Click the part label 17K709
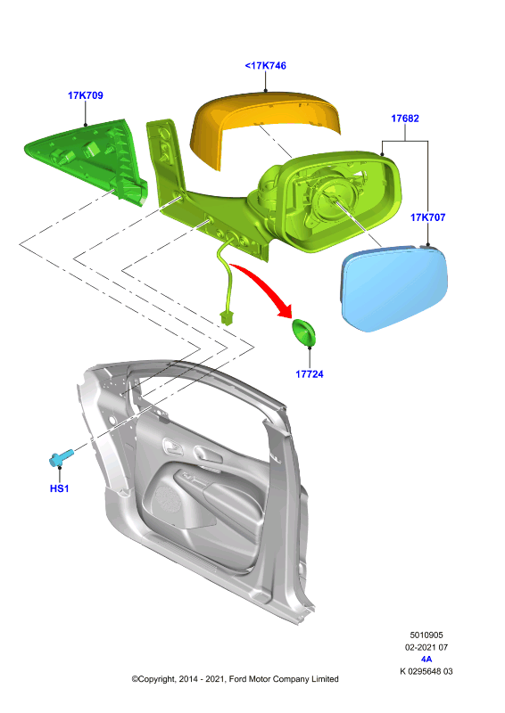85,95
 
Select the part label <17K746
266,65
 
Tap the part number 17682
405,119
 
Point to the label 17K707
427,217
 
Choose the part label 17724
310,374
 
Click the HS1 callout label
59,488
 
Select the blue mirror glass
393,287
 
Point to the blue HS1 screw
61,457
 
